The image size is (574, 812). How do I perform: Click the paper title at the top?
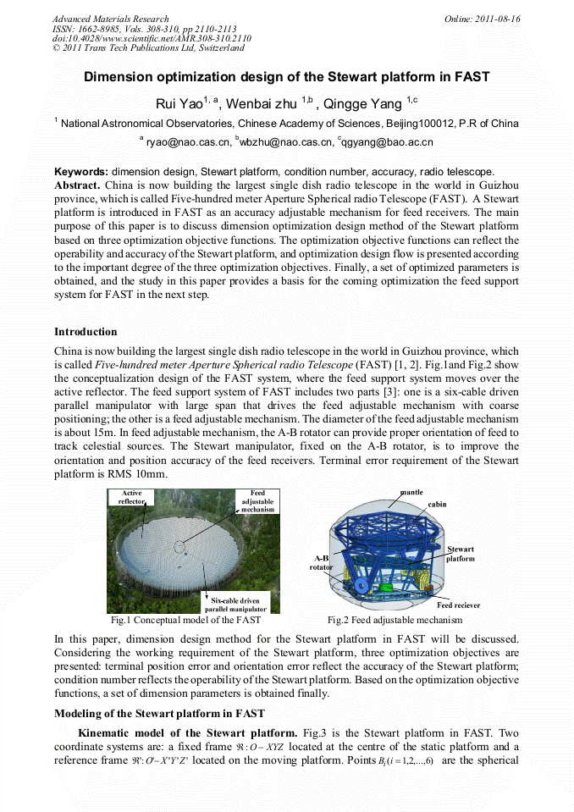[286, 77]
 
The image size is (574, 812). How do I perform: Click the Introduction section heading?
[86, 331]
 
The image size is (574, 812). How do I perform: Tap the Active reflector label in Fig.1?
[132, 497]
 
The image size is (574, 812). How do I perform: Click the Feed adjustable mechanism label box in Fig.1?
[257, 501]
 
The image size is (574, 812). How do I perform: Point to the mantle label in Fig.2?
[411, 492]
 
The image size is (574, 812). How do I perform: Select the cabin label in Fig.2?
[437, 504]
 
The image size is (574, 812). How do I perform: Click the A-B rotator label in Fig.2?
[322, 564]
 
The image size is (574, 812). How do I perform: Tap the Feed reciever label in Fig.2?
[458, 605]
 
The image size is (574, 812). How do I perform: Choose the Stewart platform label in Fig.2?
[461, 555]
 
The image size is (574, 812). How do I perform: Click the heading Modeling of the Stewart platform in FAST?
[160, 713]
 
